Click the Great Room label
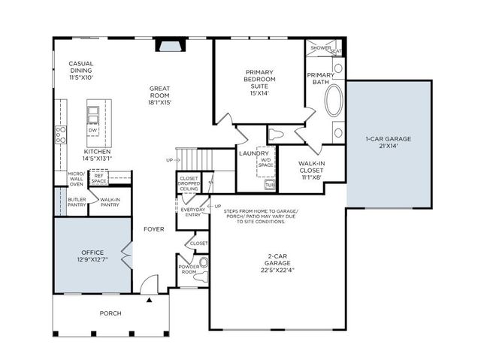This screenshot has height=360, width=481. (161, 95)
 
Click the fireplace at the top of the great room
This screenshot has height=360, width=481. (168, 47)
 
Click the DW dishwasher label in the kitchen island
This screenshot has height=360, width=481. (93, 129)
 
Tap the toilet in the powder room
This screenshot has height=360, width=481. (201, 268)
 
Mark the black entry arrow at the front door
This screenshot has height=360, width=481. (150, 299)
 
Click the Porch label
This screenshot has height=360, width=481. (110, 313)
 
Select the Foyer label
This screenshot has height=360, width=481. (154, 228)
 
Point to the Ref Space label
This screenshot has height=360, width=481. (99, 178)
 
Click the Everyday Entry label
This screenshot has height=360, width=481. (192, 213)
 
